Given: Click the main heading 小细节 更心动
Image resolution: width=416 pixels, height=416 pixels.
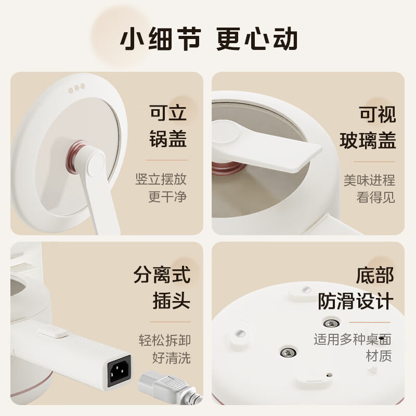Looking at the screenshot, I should pos(208,40).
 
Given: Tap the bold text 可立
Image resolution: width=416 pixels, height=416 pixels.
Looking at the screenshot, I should pos(167,113).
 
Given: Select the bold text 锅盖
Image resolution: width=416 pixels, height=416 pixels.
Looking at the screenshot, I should pos(167,139).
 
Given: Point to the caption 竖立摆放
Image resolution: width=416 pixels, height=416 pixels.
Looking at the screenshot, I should pos(161,180).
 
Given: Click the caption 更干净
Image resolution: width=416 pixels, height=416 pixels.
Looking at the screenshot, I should pos(167,197).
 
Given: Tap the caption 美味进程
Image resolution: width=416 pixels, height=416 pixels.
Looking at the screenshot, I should pos(369,180).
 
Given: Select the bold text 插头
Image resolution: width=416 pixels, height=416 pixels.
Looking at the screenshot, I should pos(171,301).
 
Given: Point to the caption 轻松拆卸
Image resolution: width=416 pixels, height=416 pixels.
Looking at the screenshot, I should pos(165,341).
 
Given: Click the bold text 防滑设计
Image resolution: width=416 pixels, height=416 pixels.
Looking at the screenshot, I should pos(356,301).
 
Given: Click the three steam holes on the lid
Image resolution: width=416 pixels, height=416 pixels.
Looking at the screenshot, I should pos(76,87).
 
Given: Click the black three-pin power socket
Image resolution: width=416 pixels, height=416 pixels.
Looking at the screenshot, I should pos(119,371).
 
